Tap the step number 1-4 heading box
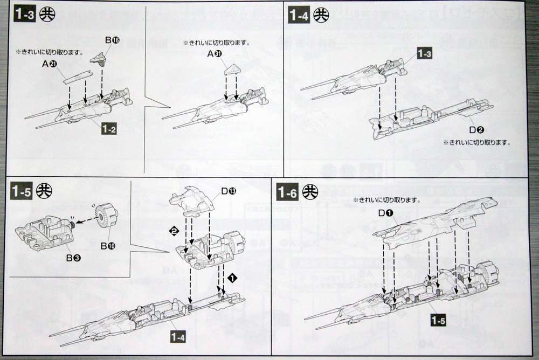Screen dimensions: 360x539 coord(300,15)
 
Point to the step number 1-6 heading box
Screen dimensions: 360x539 coord(288,191)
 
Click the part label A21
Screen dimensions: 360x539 coord(49,64)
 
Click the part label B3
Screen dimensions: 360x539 coord(74,258)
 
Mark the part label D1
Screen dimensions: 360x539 coord(385,213)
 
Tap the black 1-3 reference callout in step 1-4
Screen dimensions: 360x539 coord(424,53)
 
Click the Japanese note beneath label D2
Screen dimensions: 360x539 coord(476,143)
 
